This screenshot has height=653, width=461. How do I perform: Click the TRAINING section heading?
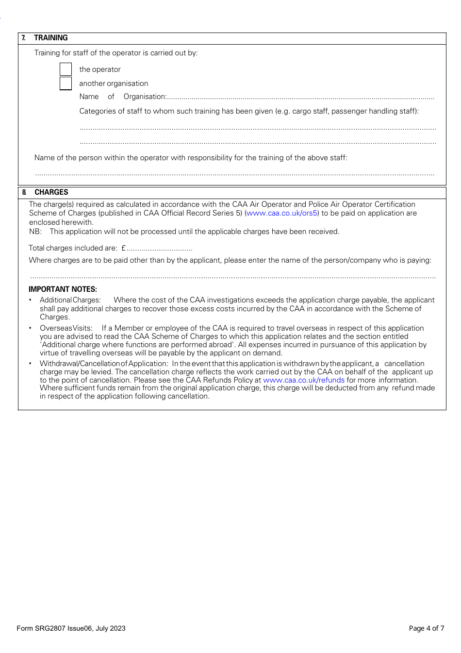51,38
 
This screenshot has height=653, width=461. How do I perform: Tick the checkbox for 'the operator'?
66,69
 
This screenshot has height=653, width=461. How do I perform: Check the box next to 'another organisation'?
66,84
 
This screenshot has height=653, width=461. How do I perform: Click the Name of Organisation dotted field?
301,98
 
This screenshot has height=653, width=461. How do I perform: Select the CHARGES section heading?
51,192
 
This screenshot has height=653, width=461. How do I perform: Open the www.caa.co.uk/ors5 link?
282,213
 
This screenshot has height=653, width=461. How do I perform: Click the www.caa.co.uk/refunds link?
304,380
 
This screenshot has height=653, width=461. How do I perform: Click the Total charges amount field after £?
160,249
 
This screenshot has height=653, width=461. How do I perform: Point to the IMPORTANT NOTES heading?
63,289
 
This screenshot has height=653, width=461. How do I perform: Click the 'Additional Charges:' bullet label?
70,300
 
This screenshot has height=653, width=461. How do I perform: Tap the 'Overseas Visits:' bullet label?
66,328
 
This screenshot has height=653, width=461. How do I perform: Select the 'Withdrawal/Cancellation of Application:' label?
104,364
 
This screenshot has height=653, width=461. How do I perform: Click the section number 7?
23,38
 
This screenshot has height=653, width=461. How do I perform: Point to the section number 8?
24,192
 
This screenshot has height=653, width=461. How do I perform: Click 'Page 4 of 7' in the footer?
426,628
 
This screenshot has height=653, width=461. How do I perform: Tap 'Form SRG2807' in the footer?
41,628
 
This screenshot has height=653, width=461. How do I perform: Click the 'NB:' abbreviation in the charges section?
35,232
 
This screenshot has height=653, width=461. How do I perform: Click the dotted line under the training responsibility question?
235,173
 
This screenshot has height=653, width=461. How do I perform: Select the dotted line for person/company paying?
233,277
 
